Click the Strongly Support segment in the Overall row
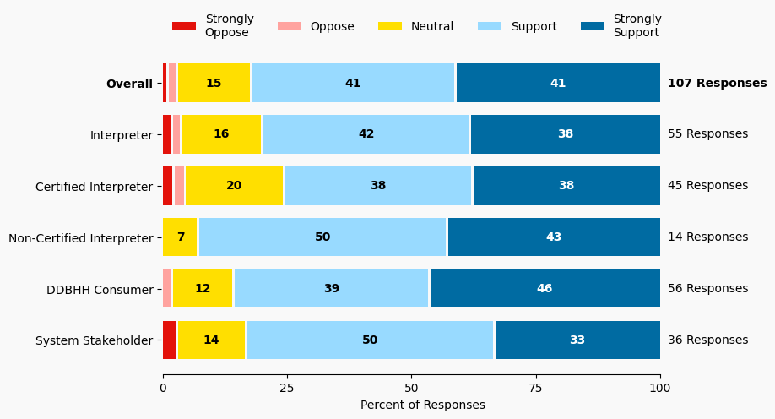pos(558,83)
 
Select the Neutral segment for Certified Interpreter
pos(235,186)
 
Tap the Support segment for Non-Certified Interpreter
pos(322,237)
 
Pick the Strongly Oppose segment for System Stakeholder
pos(170,340)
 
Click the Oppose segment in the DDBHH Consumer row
pos(167,289)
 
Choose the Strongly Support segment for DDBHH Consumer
pos(545,289)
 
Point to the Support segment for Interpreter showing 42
pos(366,134)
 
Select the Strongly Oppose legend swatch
pos(184,26)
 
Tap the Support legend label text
pos(534,26)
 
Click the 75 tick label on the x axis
pos(536,389)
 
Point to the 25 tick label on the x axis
pos(287,389)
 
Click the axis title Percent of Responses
pos(423,405)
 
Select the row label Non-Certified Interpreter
pos(81,238)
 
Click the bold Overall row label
pos(129,84)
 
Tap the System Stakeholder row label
pos(95,341)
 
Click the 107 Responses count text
pos(717,83)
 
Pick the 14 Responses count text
pos(707,237)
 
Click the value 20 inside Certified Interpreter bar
pos(234,186)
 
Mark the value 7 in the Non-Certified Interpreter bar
pos(181,237)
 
